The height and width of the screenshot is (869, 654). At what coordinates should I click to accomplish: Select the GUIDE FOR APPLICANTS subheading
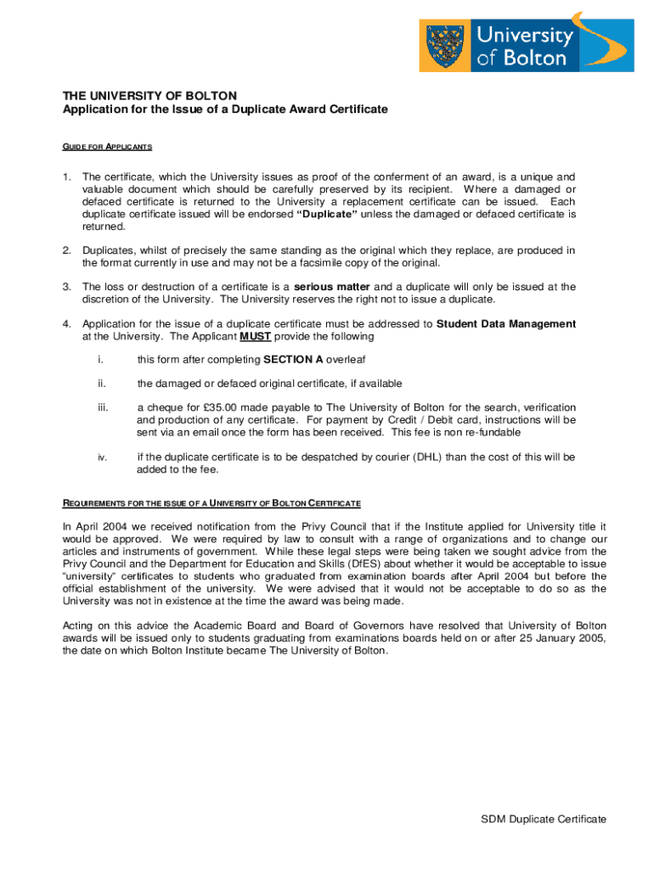coord(108,147)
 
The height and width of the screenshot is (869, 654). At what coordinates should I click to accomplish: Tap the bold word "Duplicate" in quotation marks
coord(327,215)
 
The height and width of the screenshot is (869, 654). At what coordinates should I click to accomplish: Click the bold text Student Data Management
coord(506,323)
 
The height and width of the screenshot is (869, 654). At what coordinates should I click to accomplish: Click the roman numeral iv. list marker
coord(102,457)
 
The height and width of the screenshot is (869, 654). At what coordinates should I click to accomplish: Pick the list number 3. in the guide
coord(66,287)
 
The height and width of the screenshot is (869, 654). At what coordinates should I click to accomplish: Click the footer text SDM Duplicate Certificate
coord(544,819)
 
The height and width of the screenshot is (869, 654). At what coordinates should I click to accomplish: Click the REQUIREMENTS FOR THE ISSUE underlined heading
coord(212,504)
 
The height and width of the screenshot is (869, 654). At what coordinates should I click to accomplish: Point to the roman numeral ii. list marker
coord(102,384)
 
